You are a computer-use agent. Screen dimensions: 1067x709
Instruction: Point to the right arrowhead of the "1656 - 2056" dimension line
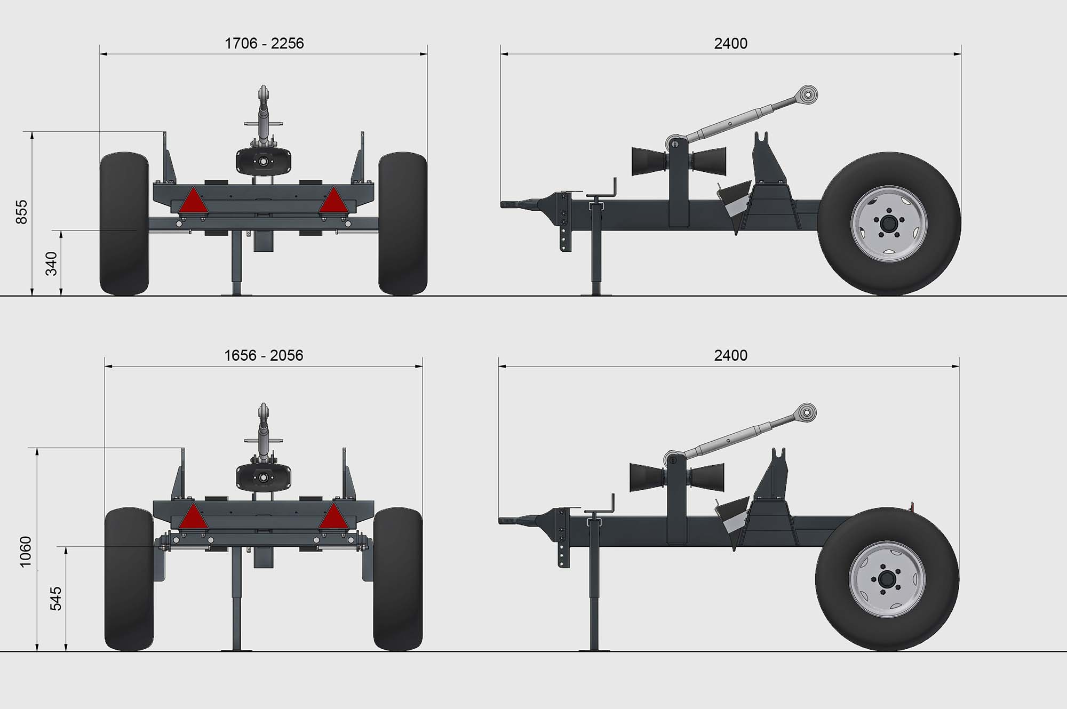(x=419, y=366)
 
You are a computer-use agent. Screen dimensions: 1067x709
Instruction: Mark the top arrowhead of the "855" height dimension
(x=33, y=136)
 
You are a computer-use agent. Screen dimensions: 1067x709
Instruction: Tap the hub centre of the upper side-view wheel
(x=888, y=224)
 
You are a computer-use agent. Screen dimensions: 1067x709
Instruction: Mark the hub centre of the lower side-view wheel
(x=887, y=579)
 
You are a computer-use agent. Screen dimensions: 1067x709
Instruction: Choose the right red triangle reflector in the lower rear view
(x=333, y=516)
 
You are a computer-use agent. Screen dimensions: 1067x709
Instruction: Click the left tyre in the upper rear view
(x=124, y=224)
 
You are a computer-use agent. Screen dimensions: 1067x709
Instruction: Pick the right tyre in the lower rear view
(x=398, y=579)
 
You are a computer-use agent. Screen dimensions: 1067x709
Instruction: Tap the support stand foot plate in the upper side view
(x=597, y=293)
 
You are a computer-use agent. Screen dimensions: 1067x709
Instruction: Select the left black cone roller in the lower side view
(x=646, y=477)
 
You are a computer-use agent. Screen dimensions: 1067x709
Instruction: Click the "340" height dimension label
(x=51, y=264)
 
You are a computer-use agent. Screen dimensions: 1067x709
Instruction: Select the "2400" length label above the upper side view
(x=730, y=44)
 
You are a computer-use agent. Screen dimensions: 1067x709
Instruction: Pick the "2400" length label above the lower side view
(x=730, y=355)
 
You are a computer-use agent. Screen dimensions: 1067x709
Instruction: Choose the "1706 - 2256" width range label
(x=264, y=44)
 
